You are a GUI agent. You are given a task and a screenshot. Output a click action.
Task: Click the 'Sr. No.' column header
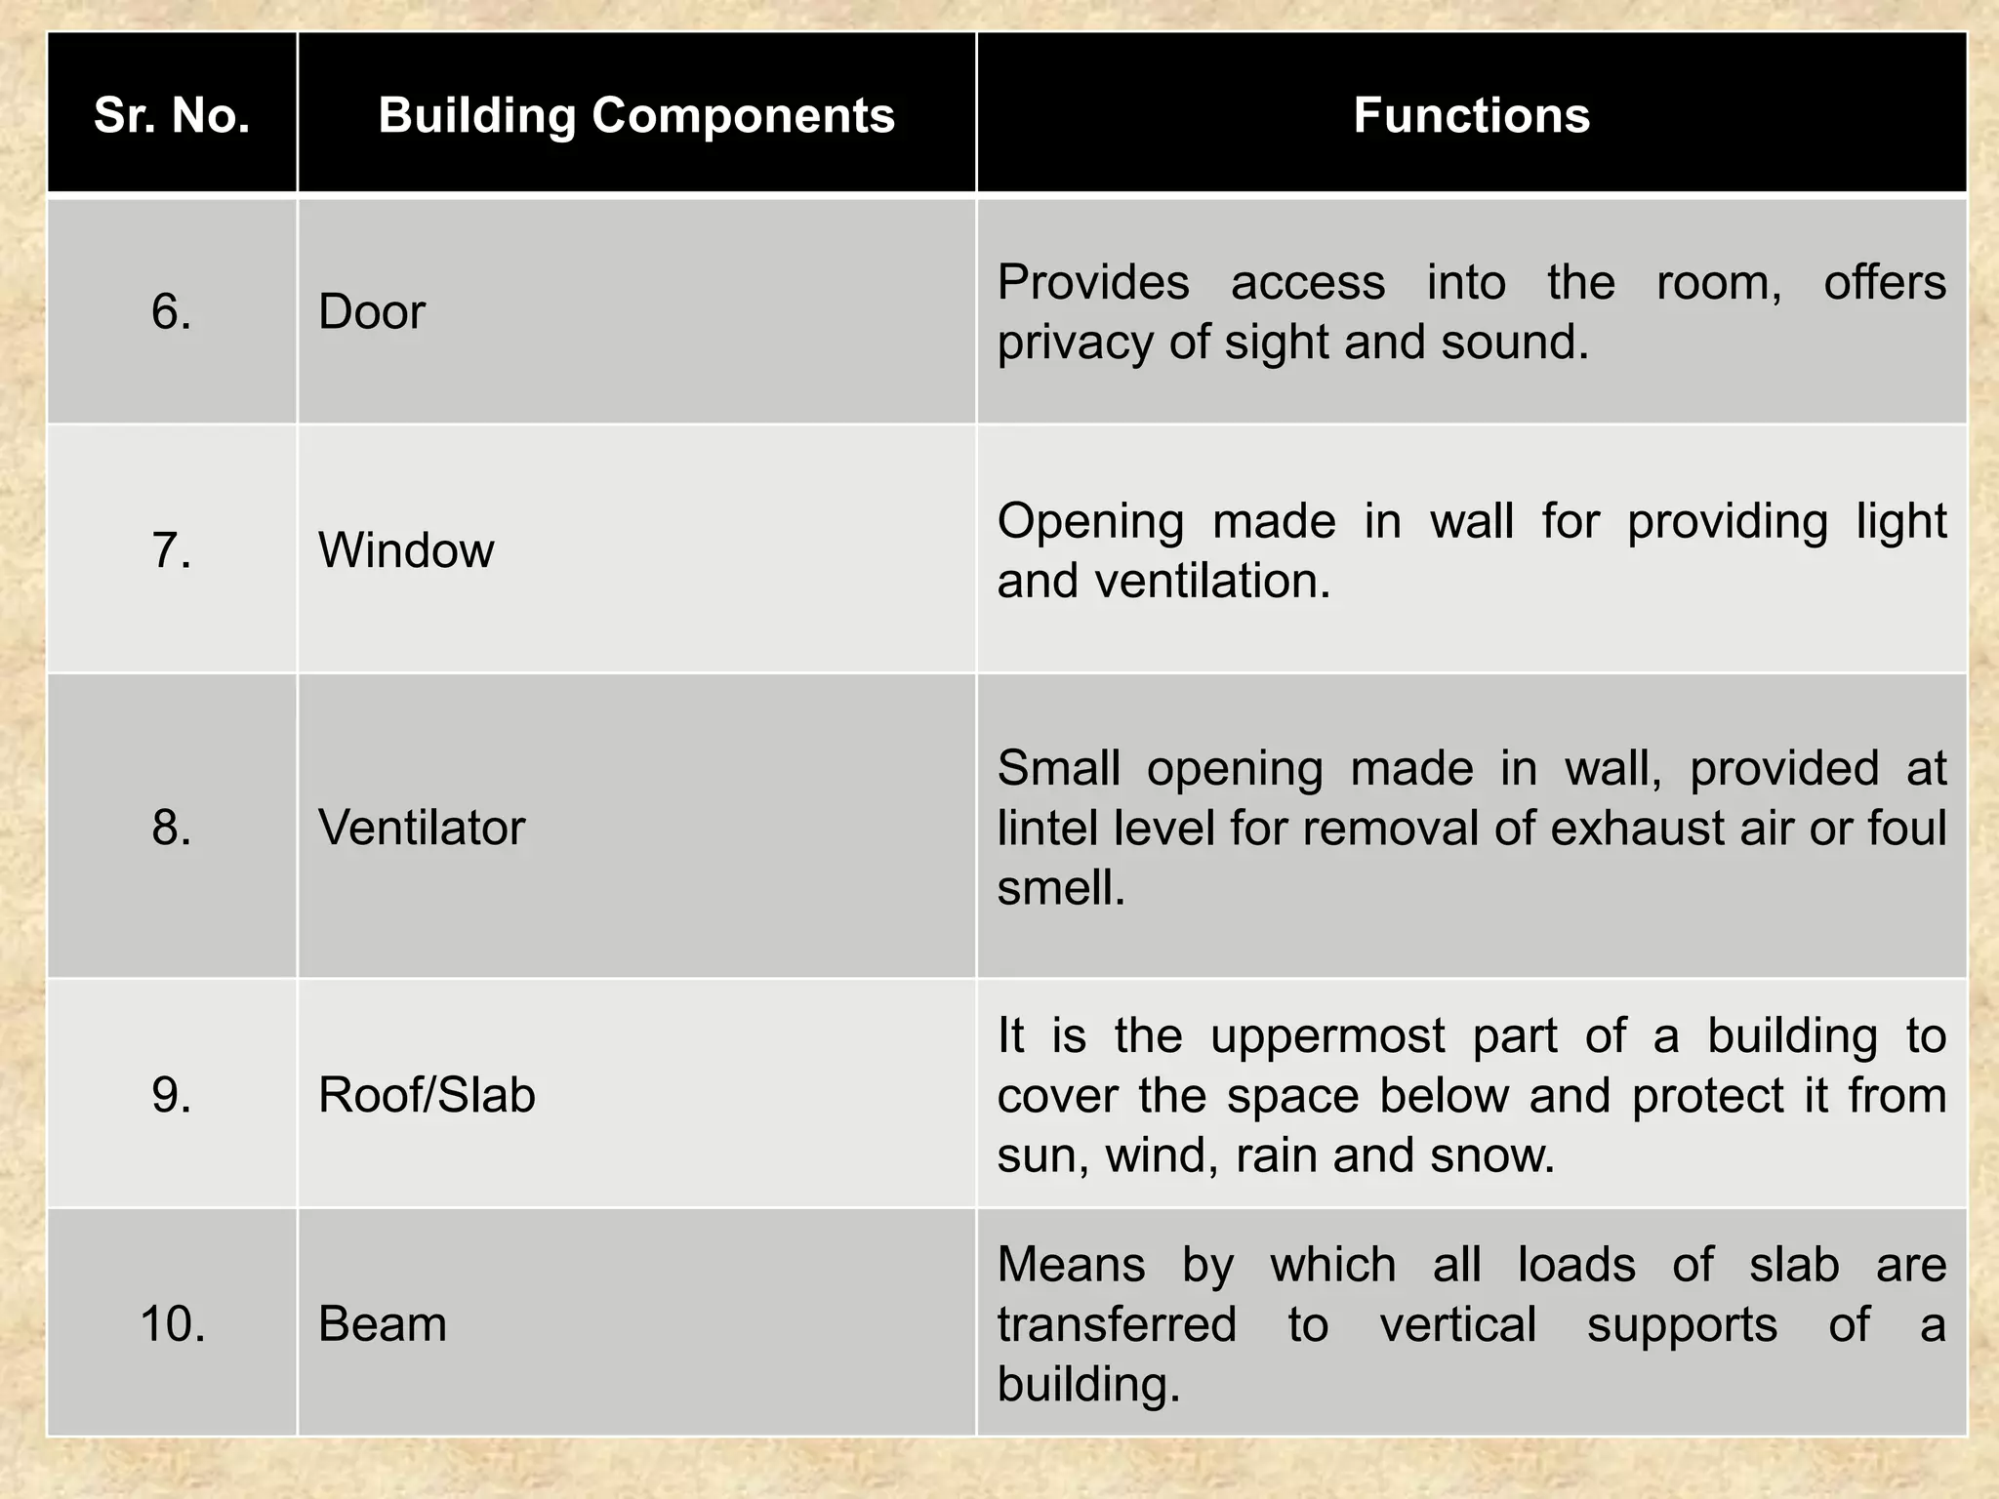click(x=172, y=115)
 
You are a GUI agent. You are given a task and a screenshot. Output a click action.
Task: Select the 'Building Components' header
click(x=636, y=115)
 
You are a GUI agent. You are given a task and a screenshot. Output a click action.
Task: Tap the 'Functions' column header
click(x=1471, y=115)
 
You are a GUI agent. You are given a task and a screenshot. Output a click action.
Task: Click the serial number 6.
click(x=172, y=312)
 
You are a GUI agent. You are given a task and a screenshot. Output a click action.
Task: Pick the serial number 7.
click(x=172, y=550)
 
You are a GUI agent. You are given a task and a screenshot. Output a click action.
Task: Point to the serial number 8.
click(x=172, y=828)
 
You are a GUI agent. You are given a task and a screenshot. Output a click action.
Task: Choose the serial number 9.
click(x=172, y=1095)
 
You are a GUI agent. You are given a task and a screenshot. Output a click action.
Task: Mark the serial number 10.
click(x=173, y=1324)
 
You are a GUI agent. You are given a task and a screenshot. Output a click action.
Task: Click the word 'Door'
click(x=372, y=312)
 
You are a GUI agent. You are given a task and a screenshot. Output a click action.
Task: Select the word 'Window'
click(x=406, y=550)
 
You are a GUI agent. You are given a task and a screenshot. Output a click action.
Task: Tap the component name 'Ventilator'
click(x=422, y=828)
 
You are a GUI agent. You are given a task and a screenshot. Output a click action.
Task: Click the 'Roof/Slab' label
click(x=427, y=1095)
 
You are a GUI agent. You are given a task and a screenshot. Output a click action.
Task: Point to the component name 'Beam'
click(x=383, y=1324)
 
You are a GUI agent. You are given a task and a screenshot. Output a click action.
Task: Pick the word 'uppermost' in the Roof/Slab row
click(x=1327, y=1035)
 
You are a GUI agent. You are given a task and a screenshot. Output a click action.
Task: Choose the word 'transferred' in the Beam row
click(x=1117, y=1325)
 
